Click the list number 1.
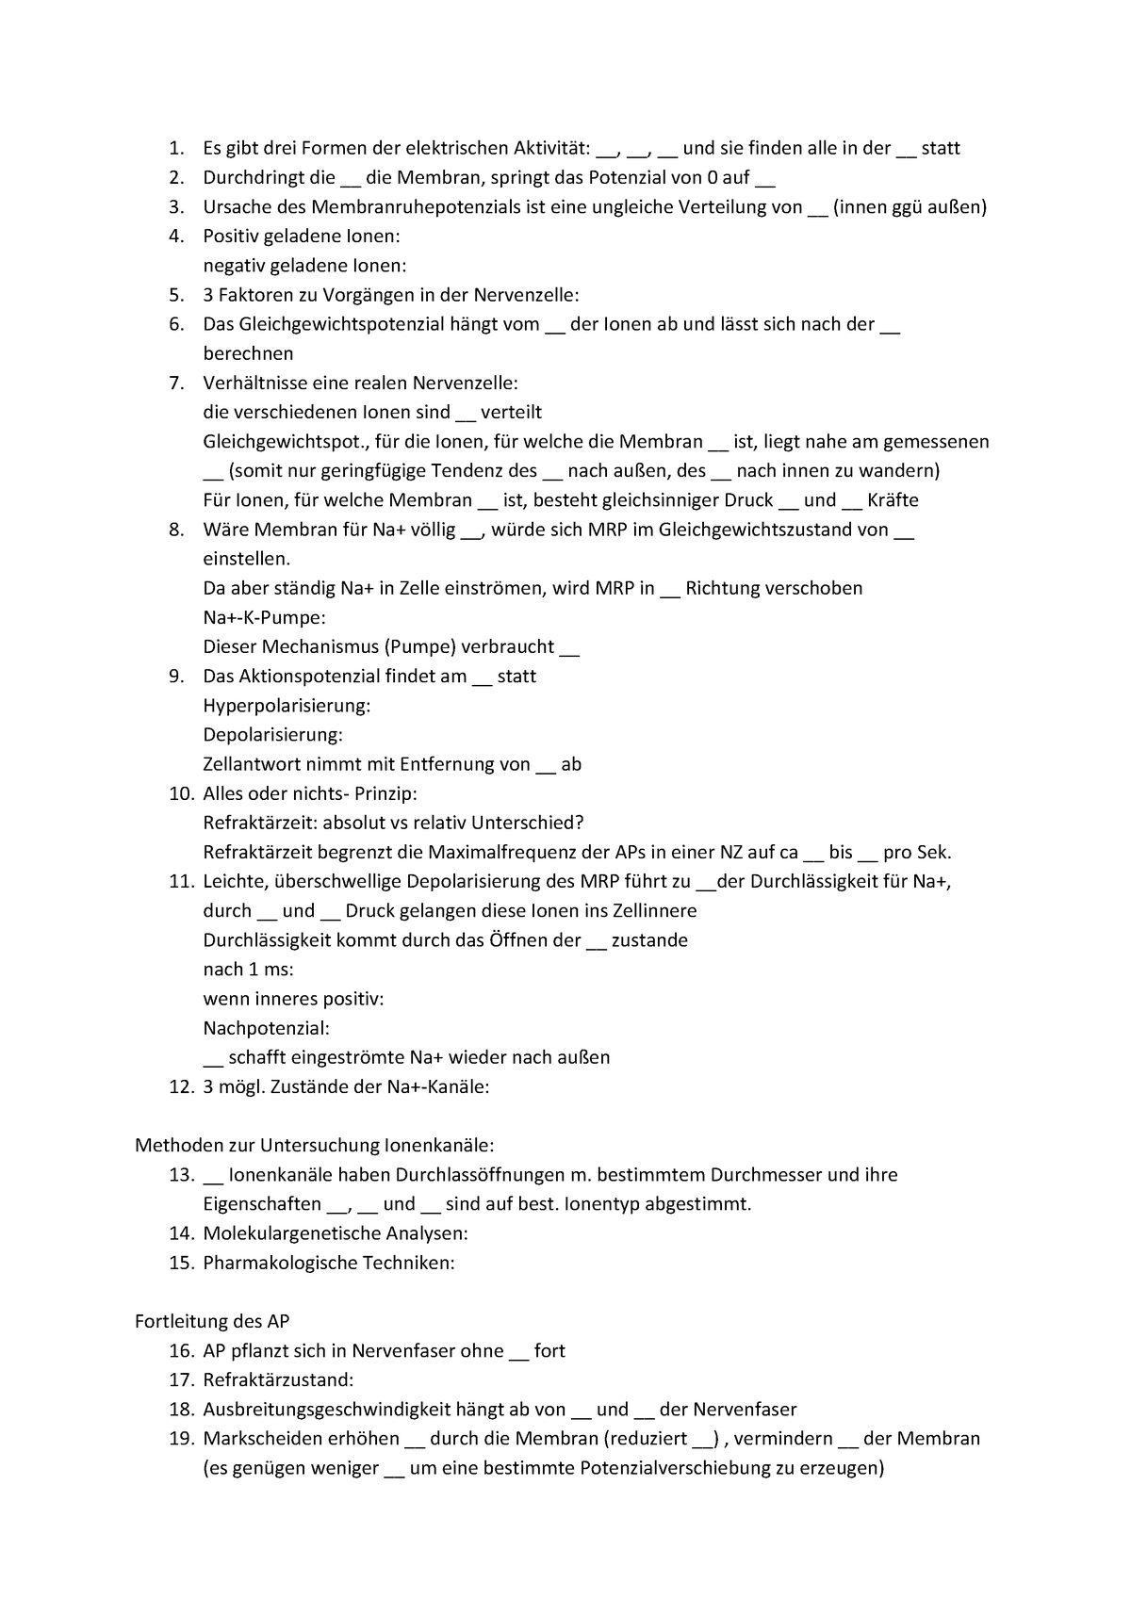[x=175, y=148]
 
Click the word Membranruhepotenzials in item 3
[x=409, y=207]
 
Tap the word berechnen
[x=248, y=354]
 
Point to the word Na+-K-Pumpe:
[x=264, y=618]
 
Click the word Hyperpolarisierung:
[x=287, y=706]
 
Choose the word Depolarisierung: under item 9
[x=272, y=735]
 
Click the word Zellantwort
[x=247, y=764]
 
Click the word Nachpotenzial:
[x=266, y=1028]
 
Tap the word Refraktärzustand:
[x=278, y=1380]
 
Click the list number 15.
[x=181, y=1263]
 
